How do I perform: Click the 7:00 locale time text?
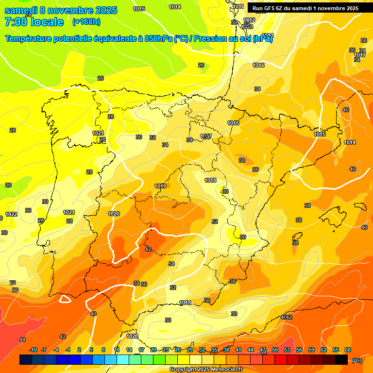tap(34, 22)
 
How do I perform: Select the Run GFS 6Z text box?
tap(305, 8)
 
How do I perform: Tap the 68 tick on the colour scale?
tap(348, 350)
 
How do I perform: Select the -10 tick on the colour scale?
tap(34, 350)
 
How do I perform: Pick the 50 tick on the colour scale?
tap(275, 350)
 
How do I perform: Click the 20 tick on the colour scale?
tap(153, 350)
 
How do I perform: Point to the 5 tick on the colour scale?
tap(91, 350)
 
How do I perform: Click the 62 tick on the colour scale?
tap(323, 350)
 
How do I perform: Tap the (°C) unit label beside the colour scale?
tap(356, 360)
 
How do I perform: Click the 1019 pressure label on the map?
tap(160, 186)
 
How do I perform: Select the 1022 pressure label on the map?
tap(11, 214)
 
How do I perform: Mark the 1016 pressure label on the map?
tap(233, 123)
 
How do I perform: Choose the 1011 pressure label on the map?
tap(238, 6)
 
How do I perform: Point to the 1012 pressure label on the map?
tap(249, 20)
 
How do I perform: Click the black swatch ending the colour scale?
tap(342, 360)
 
